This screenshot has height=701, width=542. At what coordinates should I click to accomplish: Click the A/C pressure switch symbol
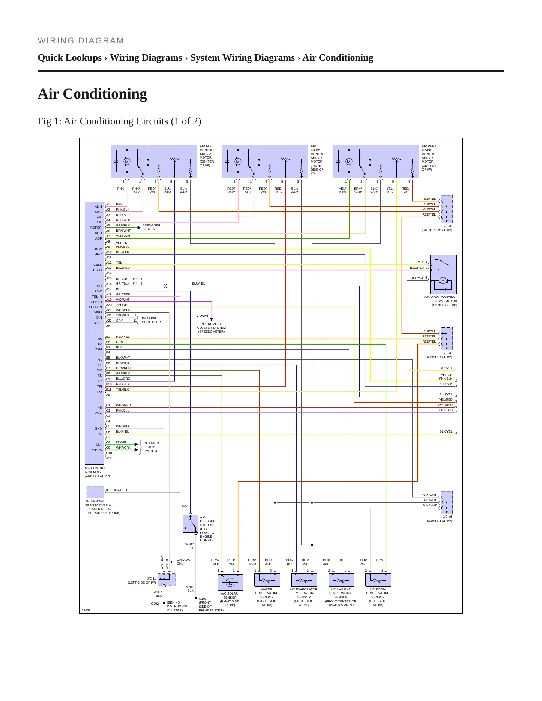tap(191, 524)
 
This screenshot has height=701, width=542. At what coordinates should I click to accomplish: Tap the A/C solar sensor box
tap(230, 582)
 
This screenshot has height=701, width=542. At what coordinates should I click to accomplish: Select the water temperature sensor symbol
tap(267, 580)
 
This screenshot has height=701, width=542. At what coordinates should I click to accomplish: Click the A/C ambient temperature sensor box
tap(341, 580)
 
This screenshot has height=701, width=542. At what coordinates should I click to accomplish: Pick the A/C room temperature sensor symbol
tap(378, 580)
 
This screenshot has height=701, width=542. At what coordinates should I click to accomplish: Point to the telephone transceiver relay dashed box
tap(95, 492)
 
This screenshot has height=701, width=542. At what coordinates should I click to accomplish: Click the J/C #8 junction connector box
tap(446, 209)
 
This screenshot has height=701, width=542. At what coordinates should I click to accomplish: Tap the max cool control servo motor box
tap(443, 274)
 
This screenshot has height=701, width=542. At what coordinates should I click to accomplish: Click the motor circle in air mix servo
tap(127, 162)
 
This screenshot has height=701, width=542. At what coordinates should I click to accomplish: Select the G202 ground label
tap(155, 604)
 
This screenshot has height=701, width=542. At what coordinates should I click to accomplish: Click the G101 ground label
tap(203, 599)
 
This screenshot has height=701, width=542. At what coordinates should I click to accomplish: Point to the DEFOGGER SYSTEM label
tap(151, 227)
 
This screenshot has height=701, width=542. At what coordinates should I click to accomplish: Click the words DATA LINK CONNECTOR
tap(150, 320)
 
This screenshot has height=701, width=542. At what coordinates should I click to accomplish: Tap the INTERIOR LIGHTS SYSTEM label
tap(151, 447)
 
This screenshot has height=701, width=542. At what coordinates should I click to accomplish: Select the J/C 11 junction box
tap(167, 579)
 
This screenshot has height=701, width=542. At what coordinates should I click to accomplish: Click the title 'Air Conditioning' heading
tap(92, 94)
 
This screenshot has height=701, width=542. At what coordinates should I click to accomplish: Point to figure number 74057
tap(86, 610)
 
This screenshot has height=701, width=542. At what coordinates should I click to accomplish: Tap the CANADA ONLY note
tap(183, 562)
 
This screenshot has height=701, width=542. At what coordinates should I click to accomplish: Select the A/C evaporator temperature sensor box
tap(304, 580)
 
